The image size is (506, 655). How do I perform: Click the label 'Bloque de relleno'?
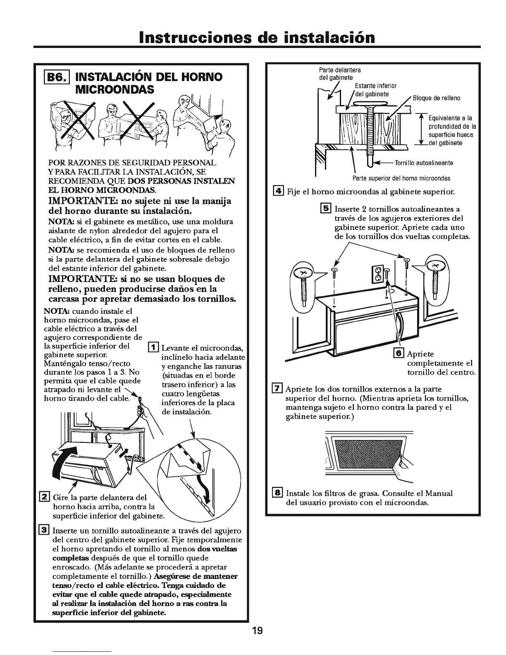[437, 98]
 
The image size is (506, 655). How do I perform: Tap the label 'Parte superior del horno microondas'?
[401, 178]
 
